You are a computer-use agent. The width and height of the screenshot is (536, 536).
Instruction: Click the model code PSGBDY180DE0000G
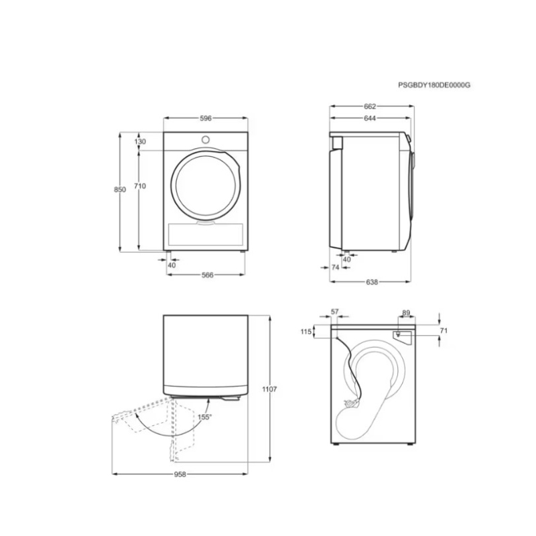435,85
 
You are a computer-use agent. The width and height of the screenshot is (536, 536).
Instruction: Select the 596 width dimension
206,118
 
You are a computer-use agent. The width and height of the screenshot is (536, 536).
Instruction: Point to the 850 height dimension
120,190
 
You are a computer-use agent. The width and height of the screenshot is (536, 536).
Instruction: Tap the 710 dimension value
140,186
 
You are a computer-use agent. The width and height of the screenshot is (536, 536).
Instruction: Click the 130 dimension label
139,142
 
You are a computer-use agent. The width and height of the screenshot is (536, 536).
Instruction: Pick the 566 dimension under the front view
207,275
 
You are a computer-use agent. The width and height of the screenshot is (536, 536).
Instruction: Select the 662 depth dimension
370,106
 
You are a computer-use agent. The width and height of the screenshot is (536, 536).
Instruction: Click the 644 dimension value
370,119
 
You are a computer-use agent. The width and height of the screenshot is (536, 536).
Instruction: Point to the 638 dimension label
372,282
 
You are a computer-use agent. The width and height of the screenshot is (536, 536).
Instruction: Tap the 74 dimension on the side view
336,267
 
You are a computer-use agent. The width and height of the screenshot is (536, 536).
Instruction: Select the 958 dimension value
180,474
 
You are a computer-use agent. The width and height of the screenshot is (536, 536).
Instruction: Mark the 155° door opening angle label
204,417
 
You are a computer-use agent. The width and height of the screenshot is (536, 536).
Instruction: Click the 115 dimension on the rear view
307,332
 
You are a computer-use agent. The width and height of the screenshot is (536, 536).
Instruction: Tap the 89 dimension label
406,312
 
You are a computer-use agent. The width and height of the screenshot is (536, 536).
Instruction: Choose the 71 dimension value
443,331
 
